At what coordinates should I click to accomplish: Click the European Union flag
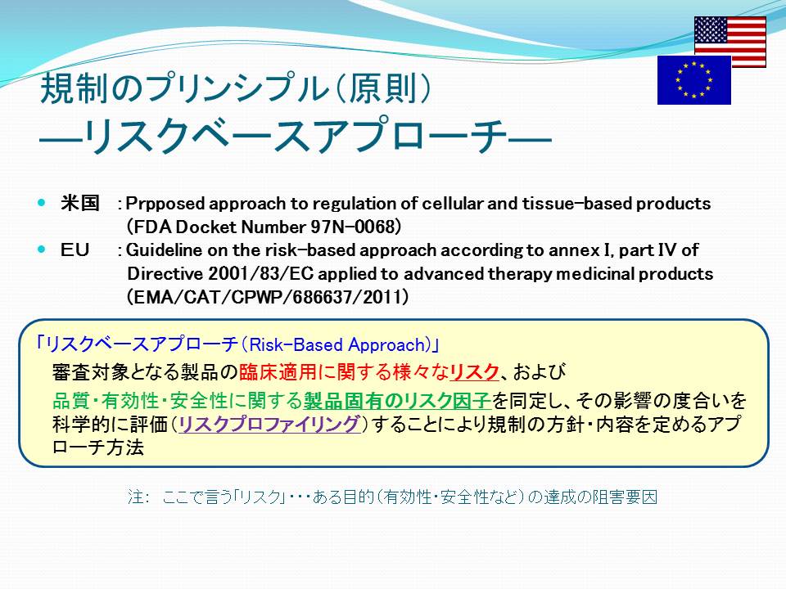point(693,79)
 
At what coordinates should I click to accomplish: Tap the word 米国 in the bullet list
point(79,203)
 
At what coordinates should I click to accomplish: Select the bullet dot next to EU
point(41,249)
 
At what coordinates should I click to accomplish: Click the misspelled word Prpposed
point(165,204)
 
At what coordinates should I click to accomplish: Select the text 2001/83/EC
point(260,273)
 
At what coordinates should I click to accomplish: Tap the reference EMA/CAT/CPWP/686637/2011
point(267,297)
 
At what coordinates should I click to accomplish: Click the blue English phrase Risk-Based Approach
point(337,344)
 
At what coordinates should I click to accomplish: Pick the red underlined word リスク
point(474,371)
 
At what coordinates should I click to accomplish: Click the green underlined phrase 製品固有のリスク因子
point(397,400)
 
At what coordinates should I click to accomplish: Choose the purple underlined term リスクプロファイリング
point(269,424)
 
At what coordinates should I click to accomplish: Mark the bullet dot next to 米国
point(41,202)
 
